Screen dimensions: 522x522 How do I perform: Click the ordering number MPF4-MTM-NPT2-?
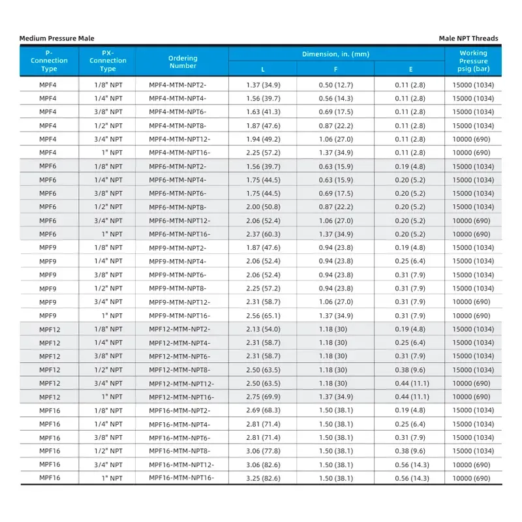(x=177, y=85)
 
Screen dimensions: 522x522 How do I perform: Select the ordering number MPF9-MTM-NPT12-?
(x=179, y=302)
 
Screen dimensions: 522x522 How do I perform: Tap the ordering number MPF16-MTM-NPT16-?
(x=181, y=478)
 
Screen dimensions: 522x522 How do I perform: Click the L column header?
(x=263, y=69)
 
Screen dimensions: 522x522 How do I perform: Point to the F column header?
(x=335, y=69)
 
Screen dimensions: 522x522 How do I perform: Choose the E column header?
(x=410, y=69)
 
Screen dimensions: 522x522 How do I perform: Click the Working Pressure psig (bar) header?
(x=473, y=61)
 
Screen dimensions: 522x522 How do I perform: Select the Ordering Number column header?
(x=183, y=61)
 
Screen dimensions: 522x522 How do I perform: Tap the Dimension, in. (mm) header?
(x=336, y=54)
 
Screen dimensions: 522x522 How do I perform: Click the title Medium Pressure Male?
(x=57, y=38)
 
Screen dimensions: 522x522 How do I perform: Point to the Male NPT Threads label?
(x=468, y=38)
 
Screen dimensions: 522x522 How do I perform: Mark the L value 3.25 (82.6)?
(x=263, y=478)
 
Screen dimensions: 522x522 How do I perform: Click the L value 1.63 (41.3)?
(x=263, y=112)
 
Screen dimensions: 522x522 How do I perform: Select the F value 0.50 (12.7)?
(x=335, y=85)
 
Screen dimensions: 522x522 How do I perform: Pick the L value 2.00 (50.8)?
(x=263, y=207)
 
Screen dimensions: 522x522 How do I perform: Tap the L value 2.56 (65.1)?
(x=263, y=316)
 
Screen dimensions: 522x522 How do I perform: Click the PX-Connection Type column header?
(x=108, y=61)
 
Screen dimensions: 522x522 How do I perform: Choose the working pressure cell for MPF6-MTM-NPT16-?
(x=473, y=234)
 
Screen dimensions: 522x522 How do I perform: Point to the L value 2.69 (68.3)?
(x=263, y=410)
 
